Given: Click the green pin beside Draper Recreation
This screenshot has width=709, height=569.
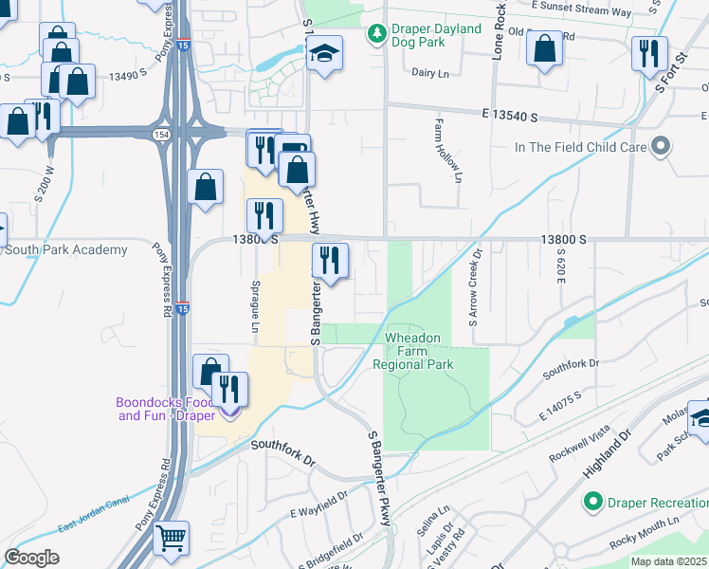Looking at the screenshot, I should [x=594, y=501].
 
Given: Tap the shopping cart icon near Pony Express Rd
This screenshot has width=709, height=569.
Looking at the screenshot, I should [x=171, y=538].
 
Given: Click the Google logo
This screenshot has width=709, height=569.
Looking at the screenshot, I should [x=31, y=557].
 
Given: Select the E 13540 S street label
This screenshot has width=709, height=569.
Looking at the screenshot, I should [x=509, y=117].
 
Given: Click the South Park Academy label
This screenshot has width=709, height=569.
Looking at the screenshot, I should [x=65, y=250].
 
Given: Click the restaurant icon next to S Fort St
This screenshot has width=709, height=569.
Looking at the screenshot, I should [x=649, y=54].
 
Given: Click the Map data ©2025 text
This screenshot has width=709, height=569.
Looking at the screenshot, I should [x=669, y=560].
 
